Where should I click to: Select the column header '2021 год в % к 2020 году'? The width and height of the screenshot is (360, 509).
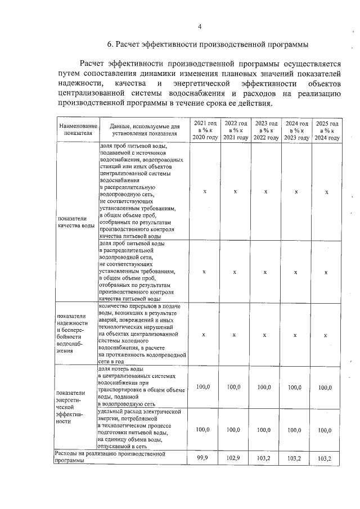click(x=205, y=130)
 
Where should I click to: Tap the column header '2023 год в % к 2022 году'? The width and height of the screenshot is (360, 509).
click(x=265, y=130)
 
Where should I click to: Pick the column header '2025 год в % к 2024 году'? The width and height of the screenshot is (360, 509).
click(x=326, y=130)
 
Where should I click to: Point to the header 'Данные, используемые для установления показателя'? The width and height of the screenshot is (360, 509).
click(x=144, y=130)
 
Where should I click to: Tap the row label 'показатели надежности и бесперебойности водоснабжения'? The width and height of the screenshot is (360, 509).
click(x=72, y=334)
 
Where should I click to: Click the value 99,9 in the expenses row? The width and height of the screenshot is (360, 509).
click(x=203, y=458)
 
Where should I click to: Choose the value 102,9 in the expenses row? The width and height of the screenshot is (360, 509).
click(x=234, y=458)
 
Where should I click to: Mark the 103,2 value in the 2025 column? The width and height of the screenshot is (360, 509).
click(x=325, y=458)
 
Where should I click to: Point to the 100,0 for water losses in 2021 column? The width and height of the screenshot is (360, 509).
click(x=203, y=387)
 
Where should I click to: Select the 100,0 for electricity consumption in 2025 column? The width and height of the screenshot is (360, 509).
click(x=325, y=430)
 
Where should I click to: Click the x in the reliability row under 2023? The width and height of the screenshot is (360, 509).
click(x=264, y=334)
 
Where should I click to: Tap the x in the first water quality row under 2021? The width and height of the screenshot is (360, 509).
click(x=204, y=192)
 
